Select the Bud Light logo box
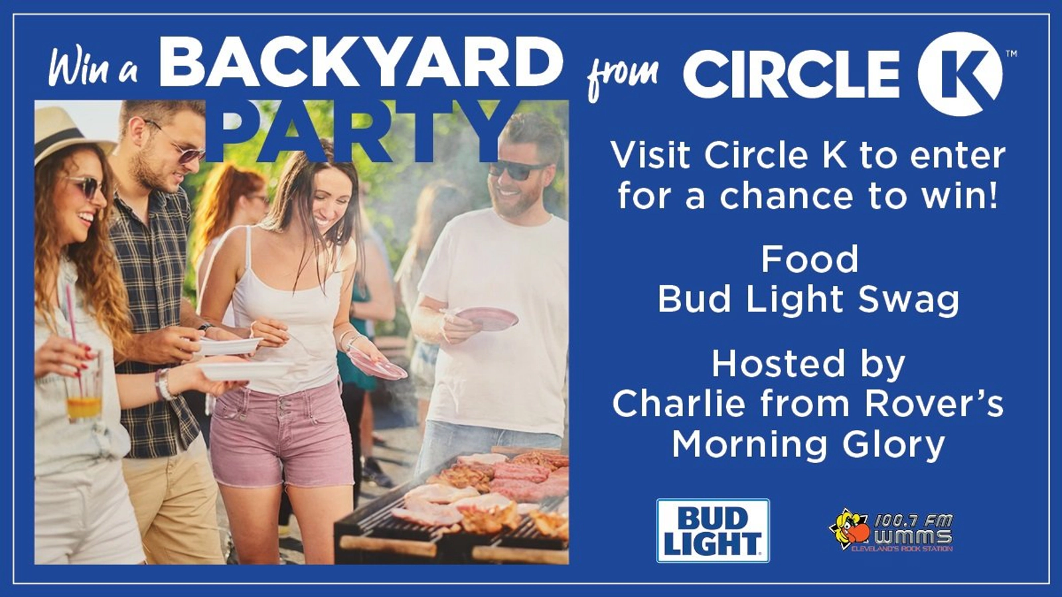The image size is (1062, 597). point(713,531)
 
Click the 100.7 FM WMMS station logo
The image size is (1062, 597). point(891,531)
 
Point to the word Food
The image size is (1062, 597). point(810,259)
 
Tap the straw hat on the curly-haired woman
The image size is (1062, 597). point(71,128)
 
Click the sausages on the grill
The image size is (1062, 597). point(526,478)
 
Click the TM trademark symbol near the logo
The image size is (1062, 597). point(1011,54)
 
